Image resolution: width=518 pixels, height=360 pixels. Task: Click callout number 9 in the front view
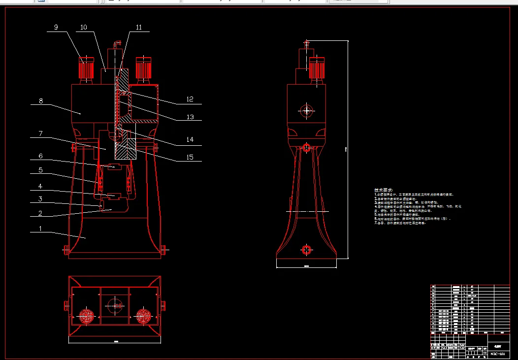[56, 28]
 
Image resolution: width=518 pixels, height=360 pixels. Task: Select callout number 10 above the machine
[84, 28]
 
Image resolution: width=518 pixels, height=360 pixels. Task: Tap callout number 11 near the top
[139, 28]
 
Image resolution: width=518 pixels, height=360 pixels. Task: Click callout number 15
[190, 157]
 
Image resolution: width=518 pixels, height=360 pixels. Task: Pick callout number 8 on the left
[41, 101]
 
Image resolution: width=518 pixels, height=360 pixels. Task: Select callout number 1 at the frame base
[41, 229]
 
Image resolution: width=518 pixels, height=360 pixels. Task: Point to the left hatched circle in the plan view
[87, 316]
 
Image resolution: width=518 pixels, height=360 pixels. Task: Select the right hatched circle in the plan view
[144, 316]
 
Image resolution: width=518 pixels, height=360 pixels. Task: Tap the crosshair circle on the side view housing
[308, 111]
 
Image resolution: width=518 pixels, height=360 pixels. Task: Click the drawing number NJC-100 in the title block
[497, 354]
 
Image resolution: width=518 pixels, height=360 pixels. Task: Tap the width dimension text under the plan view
[116, 340]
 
